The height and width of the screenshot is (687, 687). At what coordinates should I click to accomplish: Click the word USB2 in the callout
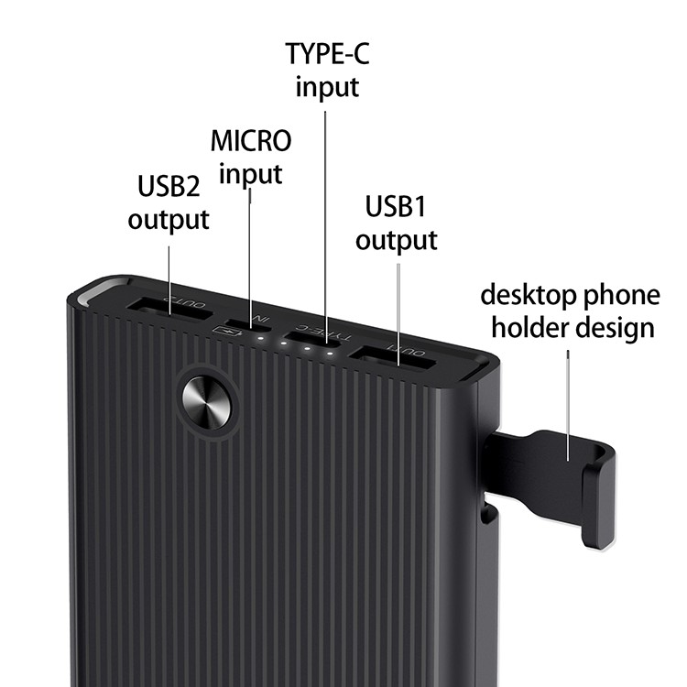point(169,186)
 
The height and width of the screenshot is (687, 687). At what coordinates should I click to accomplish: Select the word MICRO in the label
point(251,141)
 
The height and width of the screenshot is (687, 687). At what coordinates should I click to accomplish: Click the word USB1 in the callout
point(397,206)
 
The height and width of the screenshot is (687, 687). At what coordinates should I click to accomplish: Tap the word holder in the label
point(520,327)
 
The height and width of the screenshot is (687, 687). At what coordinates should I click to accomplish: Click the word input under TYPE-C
point(327,88)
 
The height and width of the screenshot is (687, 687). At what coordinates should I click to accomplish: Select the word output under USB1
point(397,240)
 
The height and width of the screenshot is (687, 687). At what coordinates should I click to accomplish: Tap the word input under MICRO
point(251,174)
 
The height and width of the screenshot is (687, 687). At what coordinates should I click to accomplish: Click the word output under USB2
point(169,220)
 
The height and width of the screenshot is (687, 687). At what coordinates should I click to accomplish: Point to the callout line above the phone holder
point(570,403)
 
